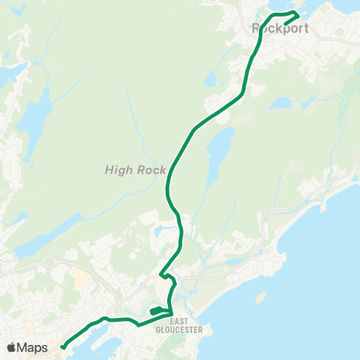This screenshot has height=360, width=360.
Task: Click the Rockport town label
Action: [x=276, y=29]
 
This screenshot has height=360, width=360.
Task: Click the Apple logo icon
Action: [x=11, y=347]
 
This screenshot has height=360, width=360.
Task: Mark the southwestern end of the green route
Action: [x=62, y=346]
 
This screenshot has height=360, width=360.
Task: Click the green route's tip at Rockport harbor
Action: [x=298, y=14]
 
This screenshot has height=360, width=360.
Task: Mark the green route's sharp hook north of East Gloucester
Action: [x=162, y=275]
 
